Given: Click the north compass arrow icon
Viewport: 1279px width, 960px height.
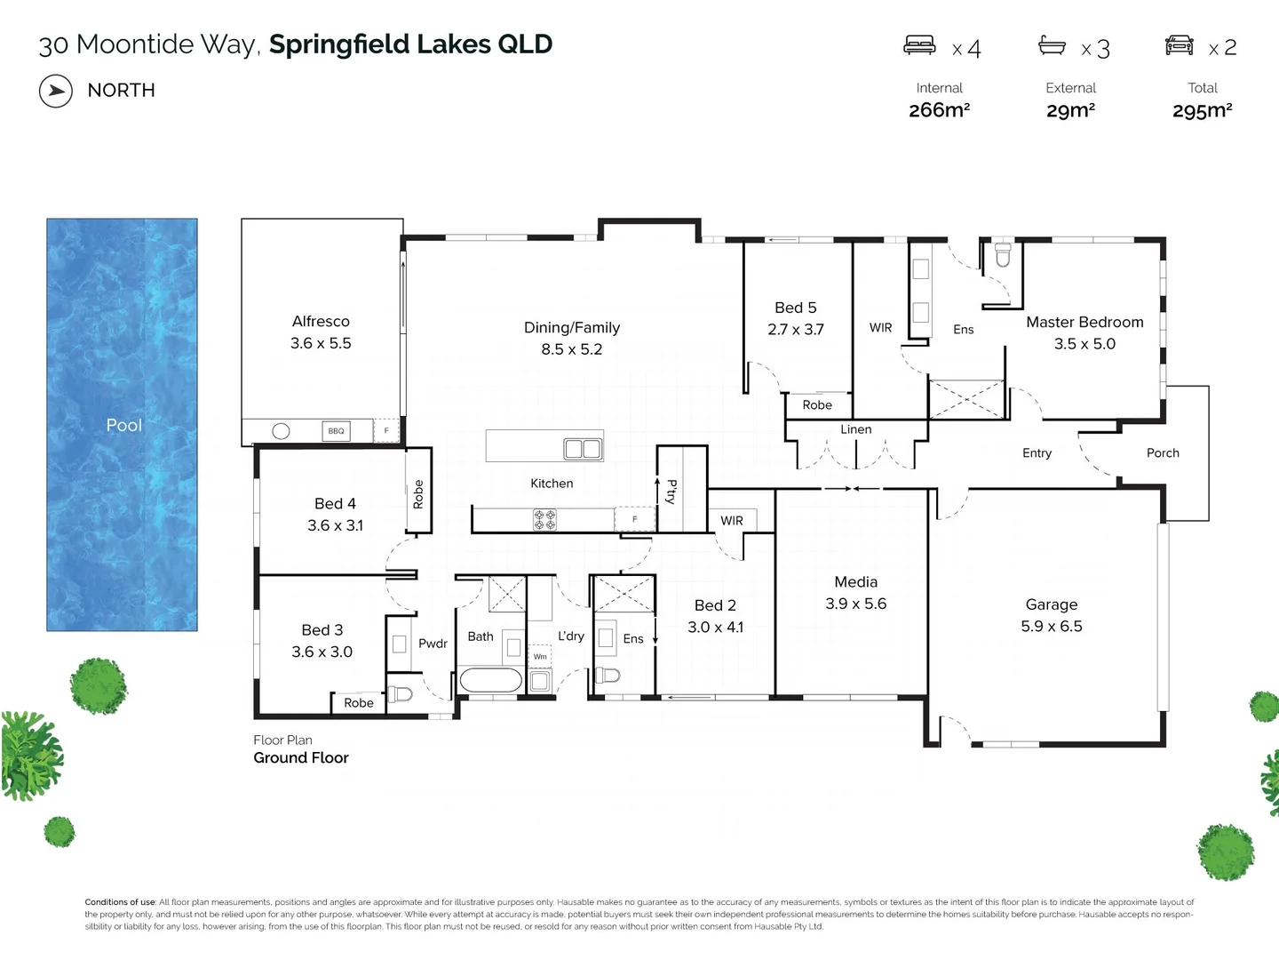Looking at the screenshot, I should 56,91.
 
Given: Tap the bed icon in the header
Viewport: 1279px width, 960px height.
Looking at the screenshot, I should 919,45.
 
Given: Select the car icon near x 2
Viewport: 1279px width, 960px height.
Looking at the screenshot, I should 1179,45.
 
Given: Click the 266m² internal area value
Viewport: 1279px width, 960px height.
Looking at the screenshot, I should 939,110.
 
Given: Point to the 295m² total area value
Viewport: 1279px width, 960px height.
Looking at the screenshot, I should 1202,110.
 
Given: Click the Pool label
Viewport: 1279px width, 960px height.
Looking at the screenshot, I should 124,425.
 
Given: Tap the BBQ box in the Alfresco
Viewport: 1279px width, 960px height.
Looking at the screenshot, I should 336,431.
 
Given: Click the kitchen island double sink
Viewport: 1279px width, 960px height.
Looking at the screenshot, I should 584,449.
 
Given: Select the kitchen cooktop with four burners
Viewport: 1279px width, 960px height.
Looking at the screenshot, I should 544,520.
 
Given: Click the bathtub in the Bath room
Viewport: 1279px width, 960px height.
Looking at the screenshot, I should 490,681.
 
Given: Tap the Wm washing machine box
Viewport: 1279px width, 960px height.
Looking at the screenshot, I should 540,657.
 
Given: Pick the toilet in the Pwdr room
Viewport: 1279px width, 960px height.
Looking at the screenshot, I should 400,693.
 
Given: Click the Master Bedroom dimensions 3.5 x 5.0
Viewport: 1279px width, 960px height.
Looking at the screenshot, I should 1084,344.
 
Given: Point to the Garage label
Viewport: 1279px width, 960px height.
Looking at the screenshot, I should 1051,604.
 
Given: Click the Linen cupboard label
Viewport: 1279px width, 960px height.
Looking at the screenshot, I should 856,429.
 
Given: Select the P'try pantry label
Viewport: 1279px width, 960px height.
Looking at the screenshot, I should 671,492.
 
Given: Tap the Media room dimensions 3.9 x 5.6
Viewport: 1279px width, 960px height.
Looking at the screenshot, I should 855,604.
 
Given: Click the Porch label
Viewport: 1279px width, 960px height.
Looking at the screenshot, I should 1163,453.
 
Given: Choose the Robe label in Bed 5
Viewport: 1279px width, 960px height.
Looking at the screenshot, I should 817,405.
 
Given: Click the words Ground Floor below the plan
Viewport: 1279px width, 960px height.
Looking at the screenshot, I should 301,758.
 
